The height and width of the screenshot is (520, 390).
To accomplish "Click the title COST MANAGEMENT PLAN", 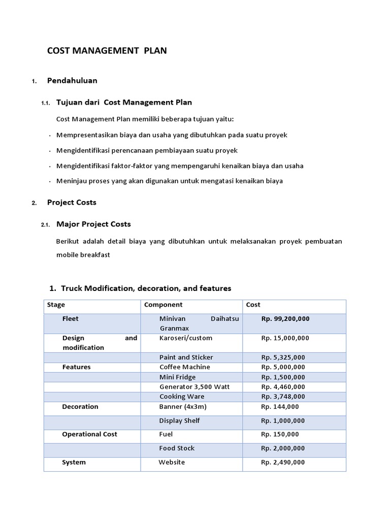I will point(107,51).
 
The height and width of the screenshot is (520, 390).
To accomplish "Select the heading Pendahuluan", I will point(72,80).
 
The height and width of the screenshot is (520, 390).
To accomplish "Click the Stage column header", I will point(56,305).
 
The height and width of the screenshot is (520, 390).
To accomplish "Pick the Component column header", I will point(163,305).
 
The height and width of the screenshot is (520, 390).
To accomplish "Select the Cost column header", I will point(253,305).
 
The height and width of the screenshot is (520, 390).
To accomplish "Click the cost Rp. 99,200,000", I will point(285,319).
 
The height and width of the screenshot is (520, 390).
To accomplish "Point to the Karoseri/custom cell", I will point(185,338).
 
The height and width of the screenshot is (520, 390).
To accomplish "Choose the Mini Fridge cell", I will point(177,377).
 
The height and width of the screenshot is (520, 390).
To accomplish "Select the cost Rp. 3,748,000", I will point(283,397).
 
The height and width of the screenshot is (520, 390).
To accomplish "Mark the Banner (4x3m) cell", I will point(183,407).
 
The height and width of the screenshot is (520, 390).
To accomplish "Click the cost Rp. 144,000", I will point(280,407).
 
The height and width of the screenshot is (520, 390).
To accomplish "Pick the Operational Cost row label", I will point(89,434).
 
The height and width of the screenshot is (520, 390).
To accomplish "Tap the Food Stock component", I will point(177,448).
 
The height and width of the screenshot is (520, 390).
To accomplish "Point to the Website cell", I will point(172,463).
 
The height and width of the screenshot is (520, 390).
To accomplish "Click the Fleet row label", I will point(70,319).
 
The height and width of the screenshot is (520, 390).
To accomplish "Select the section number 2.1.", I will point(45,225).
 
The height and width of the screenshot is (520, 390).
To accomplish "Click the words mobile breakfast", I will point(83,255).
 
